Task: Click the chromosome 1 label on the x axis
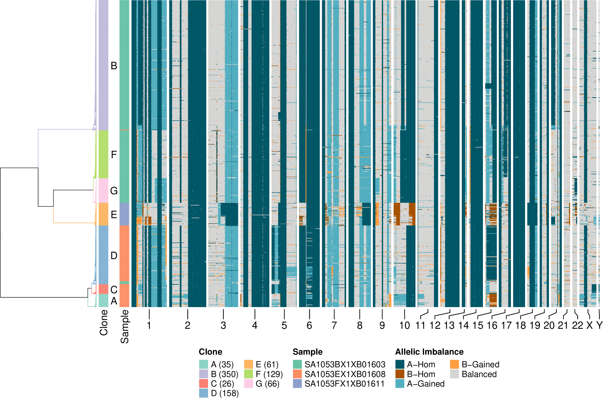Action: tap(149, 326)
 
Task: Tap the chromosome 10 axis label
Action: tap(405, 326)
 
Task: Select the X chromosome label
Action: tap(590, 326)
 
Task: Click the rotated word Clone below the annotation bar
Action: tap(104, 323)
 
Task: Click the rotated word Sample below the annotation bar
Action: tap(124, 327)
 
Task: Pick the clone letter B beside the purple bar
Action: tap(114, 66)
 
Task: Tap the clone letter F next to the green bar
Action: tap(114, 155)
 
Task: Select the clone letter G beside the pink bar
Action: tap(114, 191)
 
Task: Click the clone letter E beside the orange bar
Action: tap(114, 215)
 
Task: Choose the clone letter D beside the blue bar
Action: tap(114, 256)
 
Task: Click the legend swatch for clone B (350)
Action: tap(203, 374)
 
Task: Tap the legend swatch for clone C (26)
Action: tap(203, 384)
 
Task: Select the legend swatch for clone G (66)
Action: tap(248, 384)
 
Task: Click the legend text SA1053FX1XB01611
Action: tap(345, 384)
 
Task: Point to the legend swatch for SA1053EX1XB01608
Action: tap(297, 374)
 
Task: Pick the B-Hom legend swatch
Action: tap(400, 374)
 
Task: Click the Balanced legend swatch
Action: tap(455, 374)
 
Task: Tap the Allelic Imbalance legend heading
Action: tap(429, 352)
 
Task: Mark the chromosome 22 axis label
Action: tap(577, 326)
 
